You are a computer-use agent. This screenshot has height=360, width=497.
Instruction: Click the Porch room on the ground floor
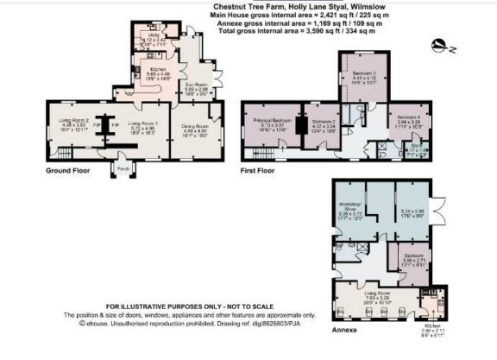[x=123, y=168]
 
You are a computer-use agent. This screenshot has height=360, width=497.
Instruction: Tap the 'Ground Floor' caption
[x=68, y=171]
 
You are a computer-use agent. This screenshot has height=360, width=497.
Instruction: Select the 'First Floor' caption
[x=258, y=171]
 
